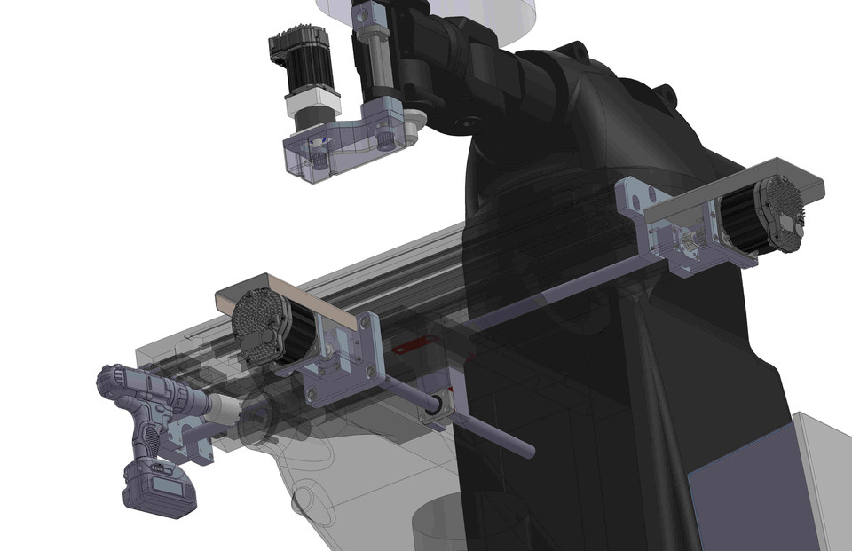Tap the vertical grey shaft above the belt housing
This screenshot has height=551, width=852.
click(x=375, y=62)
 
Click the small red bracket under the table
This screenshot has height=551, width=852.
click(x=405, y=347)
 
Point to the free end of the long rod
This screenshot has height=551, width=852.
click(x=529, y=453)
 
